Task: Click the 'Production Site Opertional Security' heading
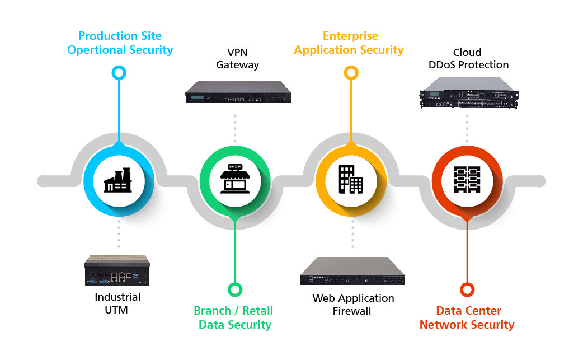click(x=120, y=43)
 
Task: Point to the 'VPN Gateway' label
click(x=238, y=59)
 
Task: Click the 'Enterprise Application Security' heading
click(x=349, y=43)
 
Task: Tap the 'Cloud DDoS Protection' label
click(x=468, y=59)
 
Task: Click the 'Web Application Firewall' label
click(x=353, y=304)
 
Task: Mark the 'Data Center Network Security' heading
click(x=467, y=317)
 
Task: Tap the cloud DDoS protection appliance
click(x=468, y=92)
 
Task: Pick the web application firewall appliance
click(x=352, y=272)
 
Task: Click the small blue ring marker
click(x=119, y=73)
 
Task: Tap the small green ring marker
click(x=235, y=289)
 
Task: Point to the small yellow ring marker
click(x=351, y=73)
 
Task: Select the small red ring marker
click(x=467, y=289)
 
